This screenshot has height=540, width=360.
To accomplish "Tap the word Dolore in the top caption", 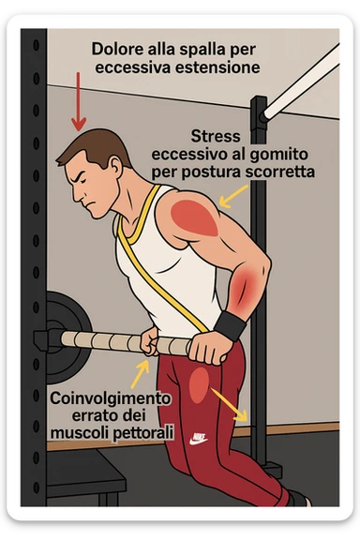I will coord(115,48).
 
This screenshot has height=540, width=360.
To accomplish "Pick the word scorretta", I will coord(276,172).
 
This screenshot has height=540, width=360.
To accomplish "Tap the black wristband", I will coord(230,325).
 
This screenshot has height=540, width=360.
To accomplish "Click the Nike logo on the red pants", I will coord(198,437).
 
